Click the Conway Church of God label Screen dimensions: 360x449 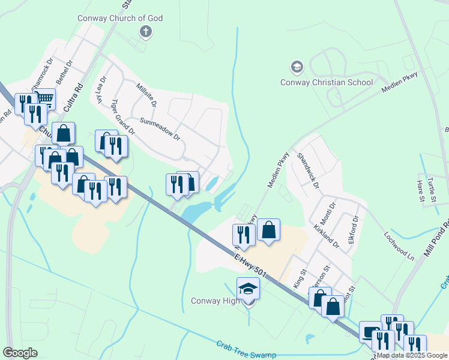(120, 18)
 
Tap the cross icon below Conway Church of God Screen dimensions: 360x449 (145, 31)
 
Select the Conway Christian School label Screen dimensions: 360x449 (327, 82)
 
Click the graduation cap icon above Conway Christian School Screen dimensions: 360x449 (296, 67)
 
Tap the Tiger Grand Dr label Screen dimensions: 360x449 (123, 116)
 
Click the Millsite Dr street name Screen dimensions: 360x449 (146, 95)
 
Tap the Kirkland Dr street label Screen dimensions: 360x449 (327, 236)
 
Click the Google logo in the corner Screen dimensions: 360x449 (20, 353)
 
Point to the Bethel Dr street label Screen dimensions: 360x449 (63, 72)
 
